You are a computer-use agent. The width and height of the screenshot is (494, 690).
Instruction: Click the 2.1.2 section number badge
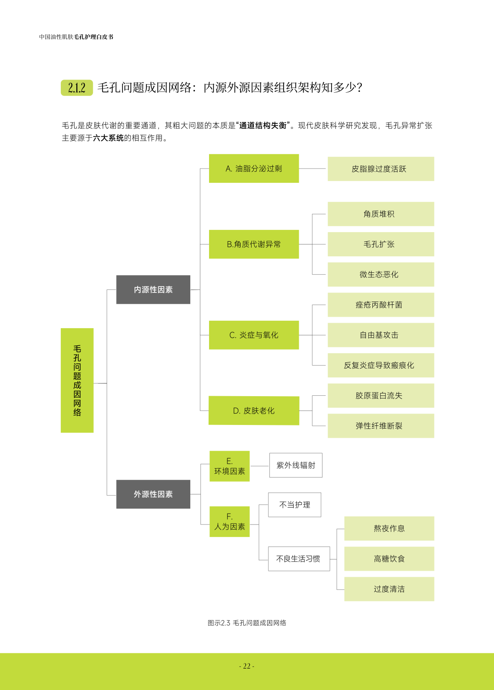tap(76, 88)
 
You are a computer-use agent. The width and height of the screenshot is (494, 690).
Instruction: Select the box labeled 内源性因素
tap(153, 290)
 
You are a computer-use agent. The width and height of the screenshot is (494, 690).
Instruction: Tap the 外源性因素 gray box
tap(153, 494)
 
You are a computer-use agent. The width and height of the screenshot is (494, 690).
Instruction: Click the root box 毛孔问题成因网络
tap(77, 380)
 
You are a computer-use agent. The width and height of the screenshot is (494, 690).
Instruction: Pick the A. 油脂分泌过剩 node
tap(254, 169)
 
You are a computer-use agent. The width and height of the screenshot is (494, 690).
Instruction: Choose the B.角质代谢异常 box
tap(254, 244)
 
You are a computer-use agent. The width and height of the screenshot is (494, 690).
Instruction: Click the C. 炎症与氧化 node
tap(254, 335)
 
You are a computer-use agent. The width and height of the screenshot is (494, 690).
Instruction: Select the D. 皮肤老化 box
tap(254, 411)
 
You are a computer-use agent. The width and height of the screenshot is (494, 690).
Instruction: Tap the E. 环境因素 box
tap(230, 466)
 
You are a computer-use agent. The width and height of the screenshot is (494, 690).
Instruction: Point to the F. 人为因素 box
tap(230, 522)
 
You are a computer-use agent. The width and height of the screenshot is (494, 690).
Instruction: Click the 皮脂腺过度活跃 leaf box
tap(381, 169)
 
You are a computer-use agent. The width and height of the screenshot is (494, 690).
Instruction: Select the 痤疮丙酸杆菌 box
tap(381, 305)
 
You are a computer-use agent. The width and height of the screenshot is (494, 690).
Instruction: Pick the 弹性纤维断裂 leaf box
tap(381, 426)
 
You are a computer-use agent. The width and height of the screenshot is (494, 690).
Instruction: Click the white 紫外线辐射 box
tap(296, 465)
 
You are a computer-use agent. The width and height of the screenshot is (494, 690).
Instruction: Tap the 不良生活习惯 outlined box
tap(299, 559)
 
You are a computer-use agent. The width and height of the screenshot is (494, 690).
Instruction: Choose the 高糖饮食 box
tap(389, 559)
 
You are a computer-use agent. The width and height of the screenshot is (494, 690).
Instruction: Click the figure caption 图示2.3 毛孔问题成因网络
tap(247, 623)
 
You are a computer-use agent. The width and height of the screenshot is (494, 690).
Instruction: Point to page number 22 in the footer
tap(247, 666)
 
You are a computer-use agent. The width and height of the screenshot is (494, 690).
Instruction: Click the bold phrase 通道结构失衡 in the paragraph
tap(263, 126)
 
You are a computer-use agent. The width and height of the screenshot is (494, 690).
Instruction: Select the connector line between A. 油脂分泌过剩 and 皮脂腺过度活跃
tap(313, 169)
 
